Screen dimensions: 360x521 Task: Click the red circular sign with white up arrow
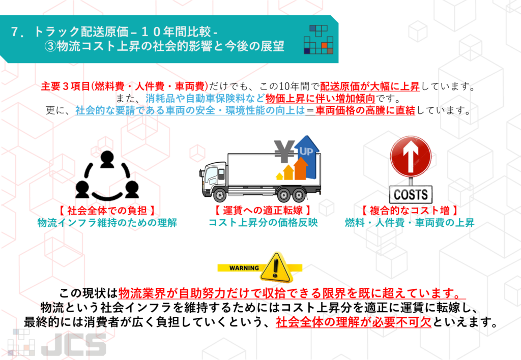[411, 156]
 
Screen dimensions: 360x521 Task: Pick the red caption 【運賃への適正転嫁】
[263, 211]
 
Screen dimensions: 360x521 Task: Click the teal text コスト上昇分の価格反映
[263, 223]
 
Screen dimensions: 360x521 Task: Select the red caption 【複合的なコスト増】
[410, 211]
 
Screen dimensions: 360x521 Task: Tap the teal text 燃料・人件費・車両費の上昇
[410, 223]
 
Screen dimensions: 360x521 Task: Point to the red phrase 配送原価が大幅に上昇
[370, 86]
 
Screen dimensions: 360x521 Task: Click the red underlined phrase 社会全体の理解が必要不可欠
[354, 322]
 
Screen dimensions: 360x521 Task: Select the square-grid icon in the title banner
[318, 39]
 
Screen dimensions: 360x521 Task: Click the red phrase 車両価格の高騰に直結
[365, 110]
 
